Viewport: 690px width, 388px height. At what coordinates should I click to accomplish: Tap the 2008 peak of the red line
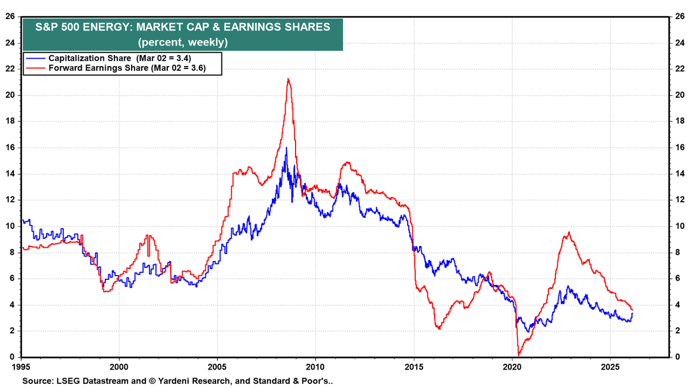pos(287,79)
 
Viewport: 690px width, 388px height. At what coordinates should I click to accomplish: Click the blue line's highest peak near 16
pos(286,148)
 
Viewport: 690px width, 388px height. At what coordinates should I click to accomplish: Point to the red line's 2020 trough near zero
pos(519,355)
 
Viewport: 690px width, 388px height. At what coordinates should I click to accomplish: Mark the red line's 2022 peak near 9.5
pos(569,232)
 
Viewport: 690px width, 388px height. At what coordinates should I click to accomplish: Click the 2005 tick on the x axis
pos(217,366)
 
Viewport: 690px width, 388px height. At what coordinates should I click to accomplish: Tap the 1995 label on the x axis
pos(21,366)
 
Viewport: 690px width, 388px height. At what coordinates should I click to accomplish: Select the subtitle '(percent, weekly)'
pos(183,42)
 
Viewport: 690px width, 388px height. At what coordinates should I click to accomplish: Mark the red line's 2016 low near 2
pos(438,328)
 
